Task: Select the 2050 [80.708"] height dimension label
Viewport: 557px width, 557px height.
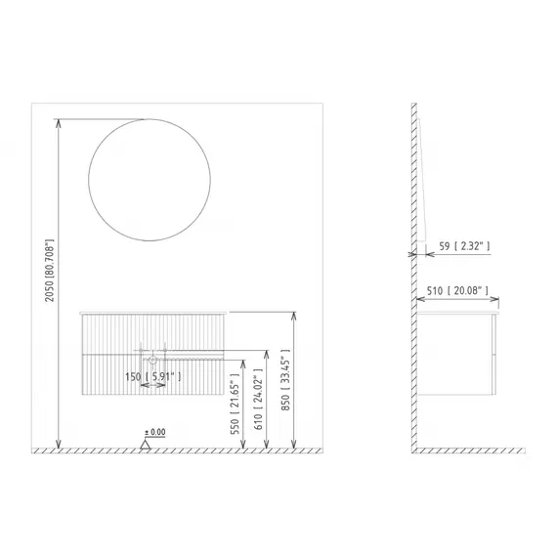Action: pos(50,271)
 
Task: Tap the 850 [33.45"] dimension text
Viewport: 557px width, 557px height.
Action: pos(285,380)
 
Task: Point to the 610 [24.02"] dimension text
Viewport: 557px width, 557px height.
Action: pos(258,399)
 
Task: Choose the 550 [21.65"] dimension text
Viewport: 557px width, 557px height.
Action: pos(235,404)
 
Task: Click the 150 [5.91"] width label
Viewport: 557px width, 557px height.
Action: pos(153,376)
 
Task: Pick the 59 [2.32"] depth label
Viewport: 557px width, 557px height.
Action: pos(464,246)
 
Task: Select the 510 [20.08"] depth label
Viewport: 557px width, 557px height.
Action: pos(457,291)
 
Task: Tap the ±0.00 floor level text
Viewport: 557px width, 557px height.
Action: pos(154,432)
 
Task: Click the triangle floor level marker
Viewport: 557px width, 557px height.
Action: pos(145,445)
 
